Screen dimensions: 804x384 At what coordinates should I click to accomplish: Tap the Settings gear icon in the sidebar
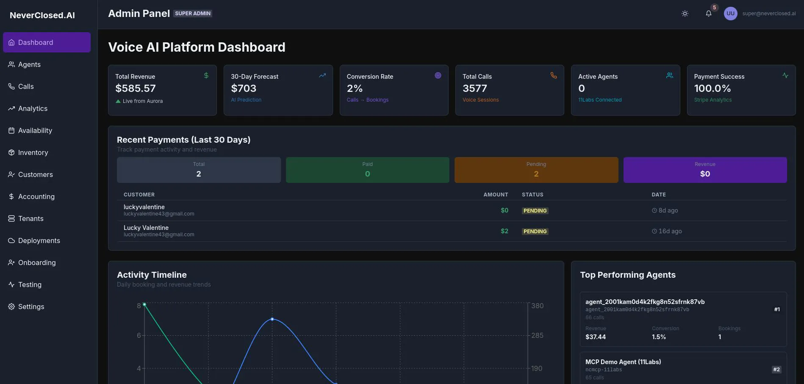tap(11, 307)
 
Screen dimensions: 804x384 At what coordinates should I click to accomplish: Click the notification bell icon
tap(709, 14)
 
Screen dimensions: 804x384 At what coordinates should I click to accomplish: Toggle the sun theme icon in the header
tap(685, 14)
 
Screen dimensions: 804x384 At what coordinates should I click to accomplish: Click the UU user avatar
tap(731, 14)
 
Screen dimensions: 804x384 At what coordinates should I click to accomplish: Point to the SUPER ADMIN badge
tap(193, 14)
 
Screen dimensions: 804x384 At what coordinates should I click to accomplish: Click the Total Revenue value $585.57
tap(136, 88)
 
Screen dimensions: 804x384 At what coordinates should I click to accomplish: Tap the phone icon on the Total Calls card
tap(554, 75)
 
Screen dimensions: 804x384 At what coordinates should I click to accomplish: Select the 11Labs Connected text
tap(600, 100)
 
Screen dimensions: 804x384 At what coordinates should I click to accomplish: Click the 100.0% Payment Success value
tap(713, 88)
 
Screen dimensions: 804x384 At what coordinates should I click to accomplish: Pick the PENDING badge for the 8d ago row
tap(535, 211)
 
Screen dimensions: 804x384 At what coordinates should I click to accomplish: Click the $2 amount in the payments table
tap(505, 231)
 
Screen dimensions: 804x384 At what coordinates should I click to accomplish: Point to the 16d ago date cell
tap(667, 231)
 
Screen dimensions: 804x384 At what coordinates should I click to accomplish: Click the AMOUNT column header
tap(496, 195)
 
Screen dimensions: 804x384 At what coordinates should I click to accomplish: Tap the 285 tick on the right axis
tap(538, 335)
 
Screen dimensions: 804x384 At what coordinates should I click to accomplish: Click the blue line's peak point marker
tap(272, 319)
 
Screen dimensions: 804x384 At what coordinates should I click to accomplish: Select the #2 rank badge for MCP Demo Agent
tap(776, 370)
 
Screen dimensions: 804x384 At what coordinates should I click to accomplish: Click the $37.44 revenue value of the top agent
tap(596, 337)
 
